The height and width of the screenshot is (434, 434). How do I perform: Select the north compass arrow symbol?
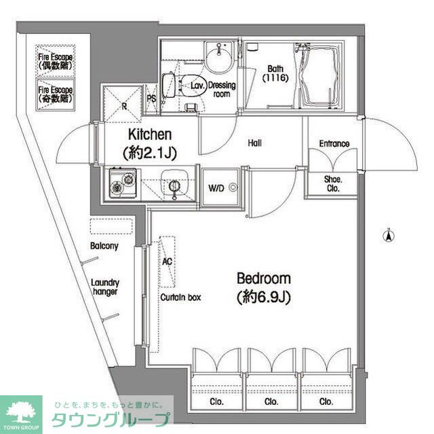[389, 235]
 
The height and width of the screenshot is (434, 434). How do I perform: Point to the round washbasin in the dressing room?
[220, 58]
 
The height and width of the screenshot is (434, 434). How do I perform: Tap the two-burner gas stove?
[123, 183]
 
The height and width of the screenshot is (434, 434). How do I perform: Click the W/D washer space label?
[216, 188]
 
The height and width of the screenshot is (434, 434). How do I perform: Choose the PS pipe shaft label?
[152, 99]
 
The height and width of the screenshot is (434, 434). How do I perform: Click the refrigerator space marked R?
[123, 105]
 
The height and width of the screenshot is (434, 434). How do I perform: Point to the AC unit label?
[167, 261]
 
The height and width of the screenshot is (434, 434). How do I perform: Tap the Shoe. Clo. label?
[333, 184]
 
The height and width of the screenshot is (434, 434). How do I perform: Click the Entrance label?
[334, 143]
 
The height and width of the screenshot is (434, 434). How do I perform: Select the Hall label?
[255, 143]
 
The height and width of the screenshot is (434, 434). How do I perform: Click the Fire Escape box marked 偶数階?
[56, 60]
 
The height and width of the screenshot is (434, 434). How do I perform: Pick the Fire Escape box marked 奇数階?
[56, 95]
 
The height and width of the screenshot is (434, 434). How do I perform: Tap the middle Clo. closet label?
[271, 401]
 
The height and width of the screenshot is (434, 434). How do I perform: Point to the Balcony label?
[104, 246]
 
